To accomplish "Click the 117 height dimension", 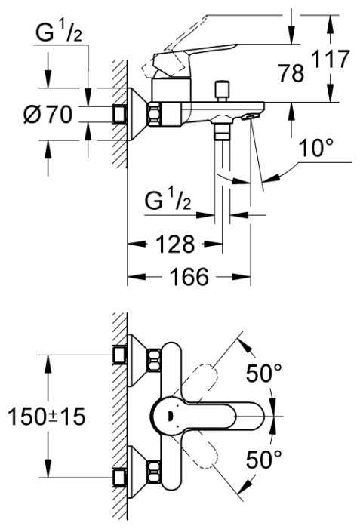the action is tap(330, 60).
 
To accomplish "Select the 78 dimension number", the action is tap(291, 73).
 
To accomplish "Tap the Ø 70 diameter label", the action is tap(48, 115).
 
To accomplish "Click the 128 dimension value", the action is tap(175, 244).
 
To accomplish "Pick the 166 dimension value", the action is tap(189, 277).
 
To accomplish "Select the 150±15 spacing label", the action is tap(46, 416).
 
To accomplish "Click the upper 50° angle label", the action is tap(264, 374).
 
